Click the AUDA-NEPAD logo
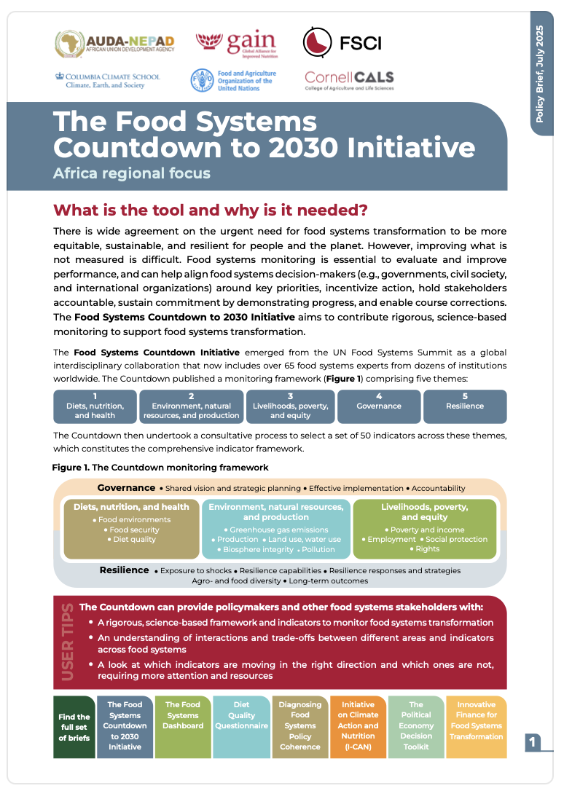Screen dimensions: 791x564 pyautogui.click(x=114, y=43)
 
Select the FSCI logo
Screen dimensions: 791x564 pyautogui.click(x=341, y=42)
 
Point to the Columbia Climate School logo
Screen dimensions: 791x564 pyautogui.click(x=107, y=80)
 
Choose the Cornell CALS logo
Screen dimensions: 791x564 pyautogui.click(x=349, y=80)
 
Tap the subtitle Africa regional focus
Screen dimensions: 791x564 pyautogui.click(x=131, y=173)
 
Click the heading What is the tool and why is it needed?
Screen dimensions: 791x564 pyautogui.click(x=211, y=210)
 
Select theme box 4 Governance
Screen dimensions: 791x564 pyautogui.click(x=379, y=406)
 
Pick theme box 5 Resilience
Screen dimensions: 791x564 pyautogui.click(x=465, y=406)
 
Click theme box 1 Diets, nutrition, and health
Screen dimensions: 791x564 pyautogui.click(x=95, y=406)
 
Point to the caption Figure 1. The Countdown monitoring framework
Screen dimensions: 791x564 pyautogui.click(x=160, y=467)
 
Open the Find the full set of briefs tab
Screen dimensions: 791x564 pyautogui.click(x=74, y=727)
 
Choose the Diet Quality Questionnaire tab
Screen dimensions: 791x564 pyautogui.click(x=241, y=715)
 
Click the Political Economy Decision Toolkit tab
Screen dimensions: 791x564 pyautogui.click(x=416, y=725)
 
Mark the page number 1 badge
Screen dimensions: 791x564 pyautogui.click(x=533, y=742)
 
